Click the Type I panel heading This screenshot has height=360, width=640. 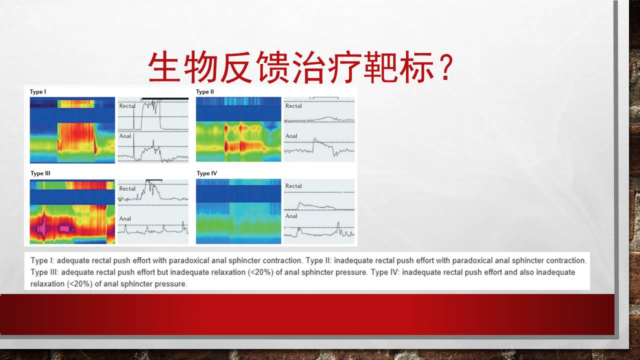point(37,91)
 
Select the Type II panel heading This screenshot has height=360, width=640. point(205,91)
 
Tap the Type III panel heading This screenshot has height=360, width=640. point(40,173)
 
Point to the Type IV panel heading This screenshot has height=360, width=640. point(207,173)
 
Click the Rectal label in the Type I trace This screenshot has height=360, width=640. point(127,105)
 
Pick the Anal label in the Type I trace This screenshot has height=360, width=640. point(125,136)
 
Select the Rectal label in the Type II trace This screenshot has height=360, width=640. point(293,105)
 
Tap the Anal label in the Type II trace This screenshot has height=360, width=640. point(291,136)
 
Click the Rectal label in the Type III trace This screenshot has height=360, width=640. point(127,188)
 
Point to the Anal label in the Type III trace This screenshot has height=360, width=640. point(125,218)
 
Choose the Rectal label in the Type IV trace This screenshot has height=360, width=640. point(293,186)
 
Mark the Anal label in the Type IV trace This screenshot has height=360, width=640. point(291,216)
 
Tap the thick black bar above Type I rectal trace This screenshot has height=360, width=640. point(165,99)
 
